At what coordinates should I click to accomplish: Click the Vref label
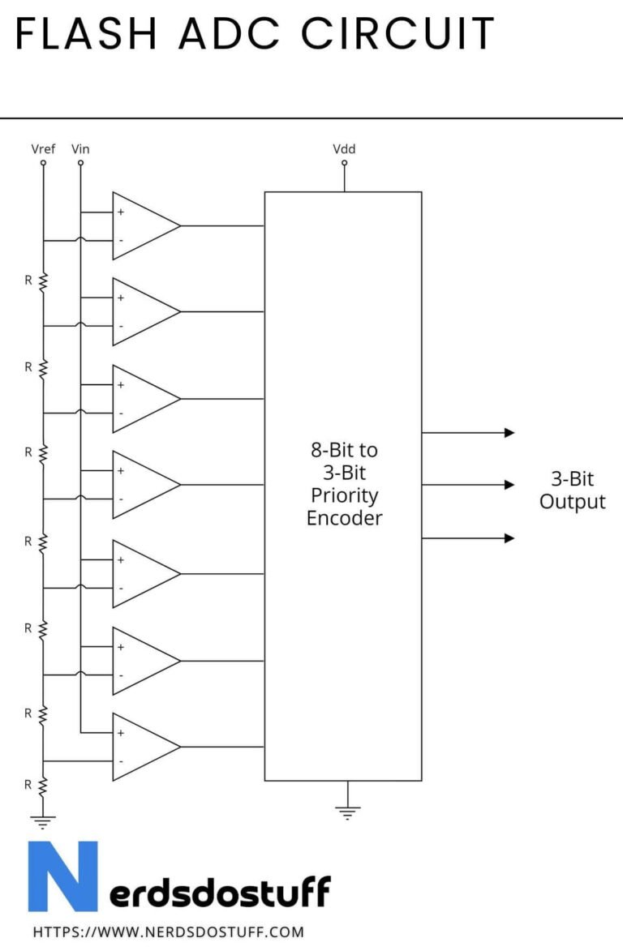(42, 148)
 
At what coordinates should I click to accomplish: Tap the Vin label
(80, 148)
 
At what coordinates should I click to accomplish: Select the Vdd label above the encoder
(344, 148)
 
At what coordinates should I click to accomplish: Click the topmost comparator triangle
(142, 226)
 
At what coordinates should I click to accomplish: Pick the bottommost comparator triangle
(142, 747)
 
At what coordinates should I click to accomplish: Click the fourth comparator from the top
(142, 485)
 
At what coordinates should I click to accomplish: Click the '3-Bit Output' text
(572, 490)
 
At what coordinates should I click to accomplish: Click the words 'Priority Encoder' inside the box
(344, 507)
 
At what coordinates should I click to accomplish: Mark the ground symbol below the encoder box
(347, 812)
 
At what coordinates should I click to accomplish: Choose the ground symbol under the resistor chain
(43, 821)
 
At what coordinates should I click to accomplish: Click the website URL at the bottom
(169, 932)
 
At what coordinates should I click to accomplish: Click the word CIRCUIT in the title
(397, 34)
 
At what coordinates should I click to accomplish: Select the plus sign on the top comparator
(121, 212)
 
